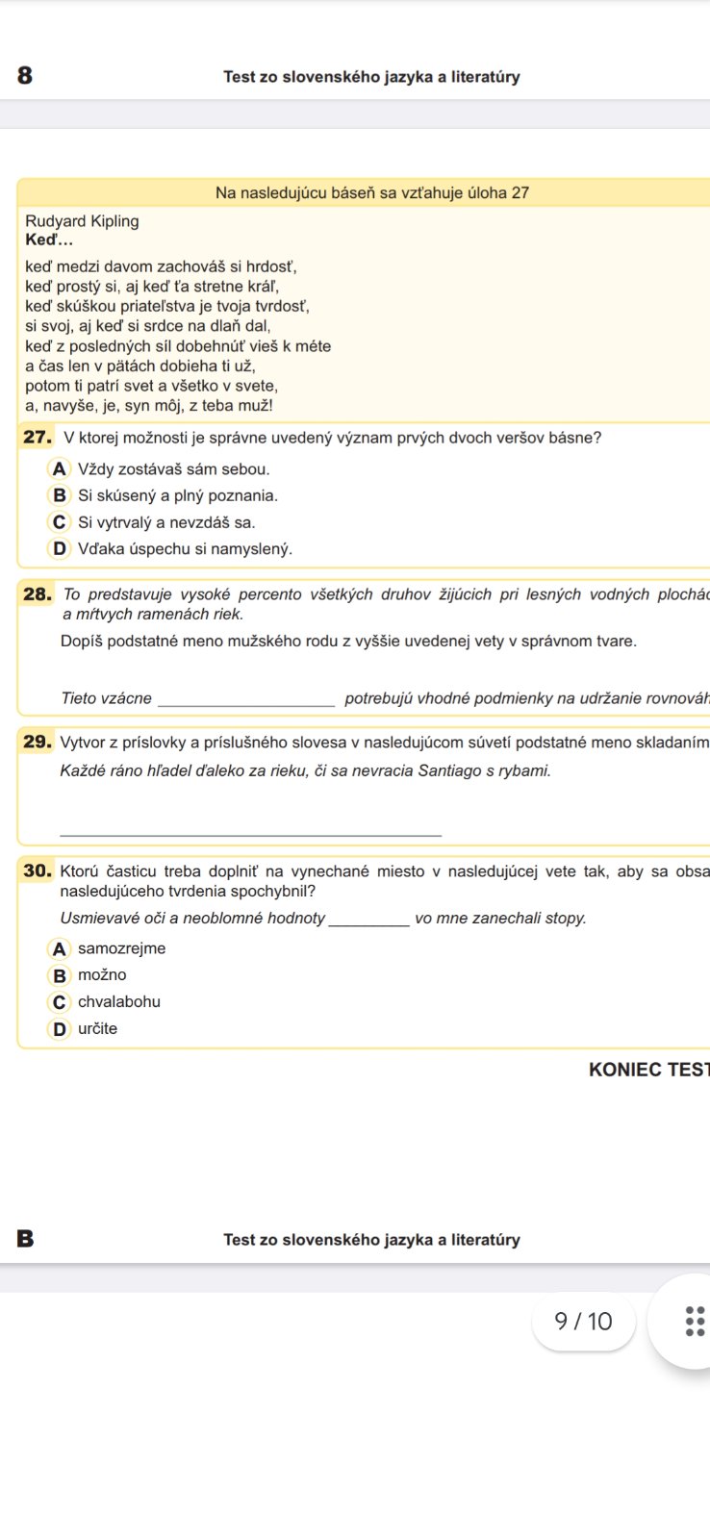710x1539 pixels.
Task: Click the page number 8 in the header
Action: (25, 76)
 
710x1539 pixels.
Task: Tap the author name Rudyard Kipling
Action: (82, 221)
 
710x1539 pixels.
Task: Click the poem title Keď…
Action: (49, 240)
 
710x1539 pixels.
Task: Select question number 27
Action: (37, 438)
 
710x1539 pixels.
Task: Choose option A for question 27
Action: (60, 469)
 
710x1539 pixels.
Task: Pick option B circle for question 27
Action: (60, 495)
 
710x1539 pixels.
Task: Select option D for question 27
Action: (60, 548)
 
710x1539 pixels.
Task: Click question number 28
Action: (37, 594)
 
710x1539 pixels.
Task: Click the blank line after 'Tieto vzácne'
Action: (245, 700)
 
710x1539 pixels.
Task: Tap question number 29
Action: (37, 742)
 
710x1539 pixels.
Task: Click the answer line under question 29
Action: (250, 832)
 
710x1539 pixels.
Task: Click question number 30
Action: (37, 871)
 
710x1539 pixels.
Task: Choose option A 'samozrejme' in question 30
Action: (60, 949)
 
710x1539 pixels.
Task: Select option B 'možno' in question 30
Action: (60, 975)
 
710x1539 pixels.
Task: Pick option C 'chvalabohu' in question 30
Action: (60, 1002)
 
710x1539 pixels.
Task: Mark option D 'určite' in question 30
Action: (60, 1029)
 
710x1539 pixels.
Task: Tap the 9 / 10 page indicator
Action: (583, 1322)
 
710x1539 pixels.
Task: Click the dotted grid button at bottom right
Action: (695, 1322)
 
